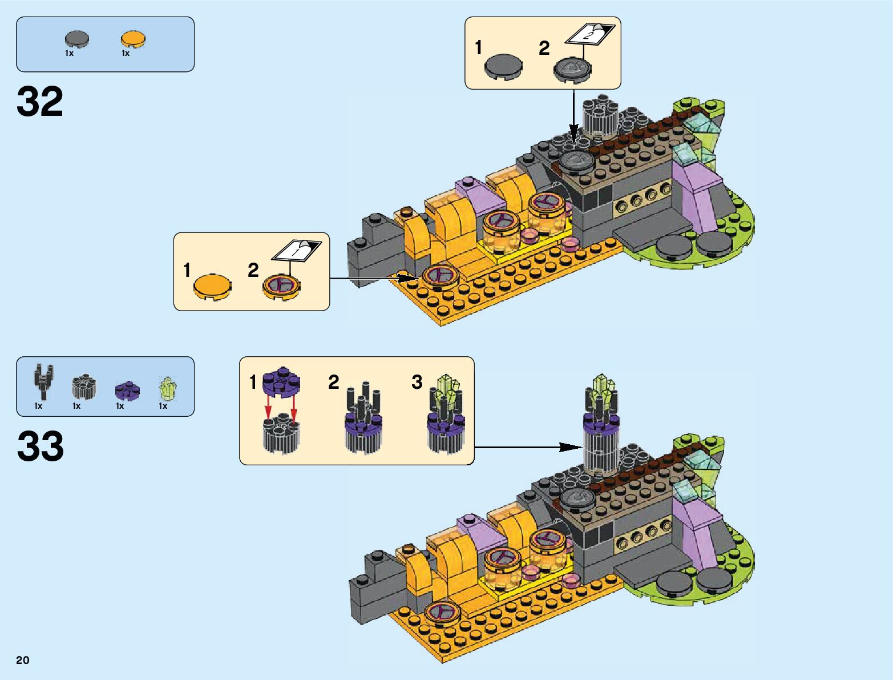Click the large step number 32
[x=40, y=102]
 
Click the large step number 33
[x=40, y=446]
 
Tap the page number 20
[x=23, y=660]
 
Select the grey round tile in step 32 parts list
[x=76, y=39]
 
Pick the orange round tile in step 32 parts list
[x=133, y=39]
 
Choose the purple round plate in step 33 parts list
[x=127, y=391]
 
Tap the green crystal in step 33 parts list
[x=167, y=388]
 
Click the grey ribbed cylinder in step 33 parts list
[x=83, y=387]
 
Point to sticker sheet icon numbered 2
[x=590, y=34]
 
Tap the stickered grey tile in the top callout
[x=572, y=69]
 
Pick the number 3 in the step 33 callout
[x=417, y=382]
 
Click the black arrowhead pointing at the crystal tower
[x=571, y=447]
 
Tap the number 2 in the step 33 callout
[x=334, y=382]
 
